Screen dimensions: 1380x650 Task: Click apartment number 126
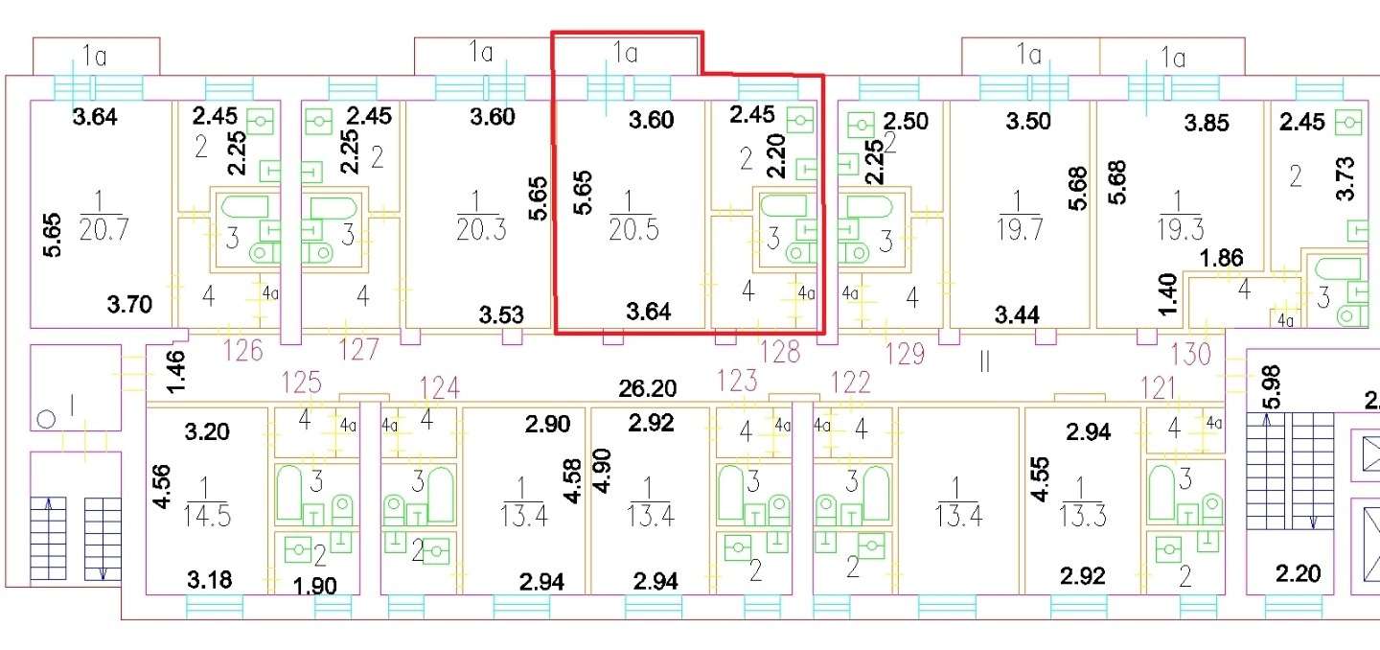tap(242, 351)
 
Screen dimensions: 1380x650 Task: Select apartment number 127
tap(358, 350)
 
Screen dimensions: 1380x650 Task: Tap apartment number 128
tap(780, 353)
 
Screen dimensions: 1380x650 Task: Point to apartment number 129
tap(905, 355)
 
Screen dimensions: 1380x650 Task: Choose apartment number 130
tap(1191, 355)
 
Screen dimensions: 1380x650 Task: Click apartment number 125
tap(301, 383)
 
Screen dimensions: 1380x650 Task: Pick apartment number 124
tap(439, 387)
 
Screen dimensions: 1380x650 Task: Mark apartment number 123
tap(737, 381)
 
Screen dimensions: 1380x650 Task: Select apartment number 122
tap(851, 383)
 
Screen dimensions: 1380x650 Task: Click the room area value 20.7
tap(103, 230)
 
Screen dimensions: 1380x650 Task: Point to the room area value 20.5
tap(633, 230)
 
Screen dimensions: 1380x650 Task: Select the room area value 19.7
tap(1020, 230)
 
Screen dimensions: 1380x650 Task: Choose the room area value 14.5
tap(207, 516)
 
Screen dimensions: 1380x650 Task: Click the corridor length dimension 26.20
tap(648, 389)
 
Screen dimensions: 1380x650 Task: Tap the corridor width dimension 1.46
tap(175, 372)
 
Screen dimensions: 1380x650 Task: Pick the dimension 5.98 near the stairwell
tap(1271, 387)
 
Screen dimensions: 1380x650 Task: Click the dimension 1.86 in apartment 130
tap(1221, 258)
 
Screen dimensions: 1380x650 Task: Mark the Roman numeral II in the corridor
tap(984, 361)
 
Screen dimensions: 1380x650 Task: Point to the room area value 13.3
tap(1083, 516)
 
